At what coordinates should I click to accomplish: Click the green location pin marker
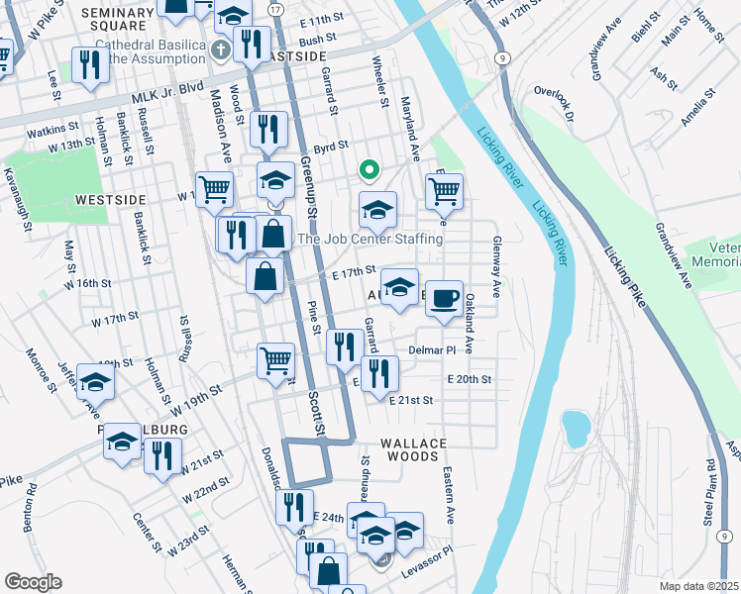(369, 170)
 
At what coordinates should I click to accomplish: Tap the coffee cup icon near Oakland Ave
(445, 297)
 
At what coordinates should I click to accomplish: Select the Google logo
(33, 582)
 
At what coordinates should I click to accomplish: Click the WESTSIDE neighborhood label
(111, 199)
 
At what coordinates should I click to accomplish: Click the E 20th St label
(469, 379)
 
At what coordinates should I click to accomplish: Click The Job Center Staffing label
(370, 239)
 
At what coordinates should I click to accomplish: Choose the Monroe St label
(44, 368)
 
